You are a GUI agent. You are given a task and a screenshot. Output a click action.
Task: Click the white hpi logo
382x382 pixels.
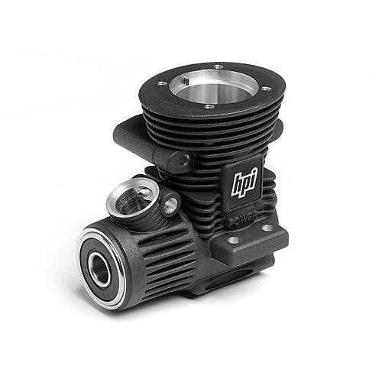(244, 182)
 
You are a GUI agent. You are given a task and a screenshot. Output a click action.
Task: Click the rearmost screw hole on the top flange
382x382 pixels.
(218, 67)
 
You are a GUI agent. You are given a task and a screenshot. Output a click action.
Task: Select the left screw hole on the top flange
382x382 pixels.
(161, 83)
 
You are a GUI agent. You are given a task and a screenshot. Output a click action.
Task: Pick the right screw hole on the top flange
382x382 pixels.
(266, 89)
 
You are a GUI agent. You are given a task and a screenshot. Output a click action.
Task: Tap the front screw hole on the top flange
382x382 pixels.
(209, 107)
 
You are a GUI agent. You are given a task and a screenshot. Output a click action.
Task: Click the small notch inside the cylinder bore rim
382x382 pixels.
(186, 80)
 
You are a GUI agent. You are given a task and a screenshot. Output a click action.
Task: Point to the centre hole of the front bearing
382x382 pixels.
(100, 270)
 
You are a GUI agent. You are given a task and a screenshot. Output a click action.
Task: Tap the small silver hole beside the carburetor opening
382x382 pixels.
(170, 204)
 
